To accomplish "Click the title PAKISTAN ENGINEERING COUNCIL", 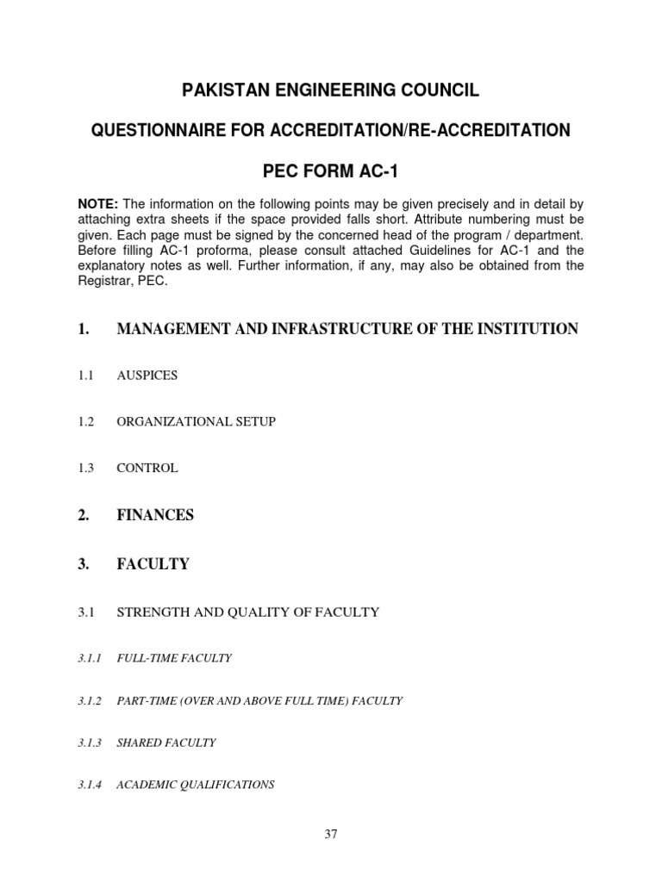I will click(330, 90).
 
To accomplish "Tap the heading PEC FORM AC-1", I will click(330, 171).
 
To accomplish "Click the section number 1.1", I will click(87, 376).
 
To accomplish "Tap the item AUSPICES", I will click(147, 376).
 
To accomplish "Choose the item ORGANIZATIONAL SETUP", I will click(197, 422).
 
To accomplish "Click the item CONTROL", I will click(147, 469).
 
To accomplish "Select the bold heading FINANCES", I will click(155, 515).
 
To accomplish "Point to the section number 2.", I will click(84, 515).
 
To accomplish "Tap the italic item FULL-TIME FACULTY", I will click(174, 658).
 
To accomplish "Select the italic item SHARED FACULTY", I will click(166, 742).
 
